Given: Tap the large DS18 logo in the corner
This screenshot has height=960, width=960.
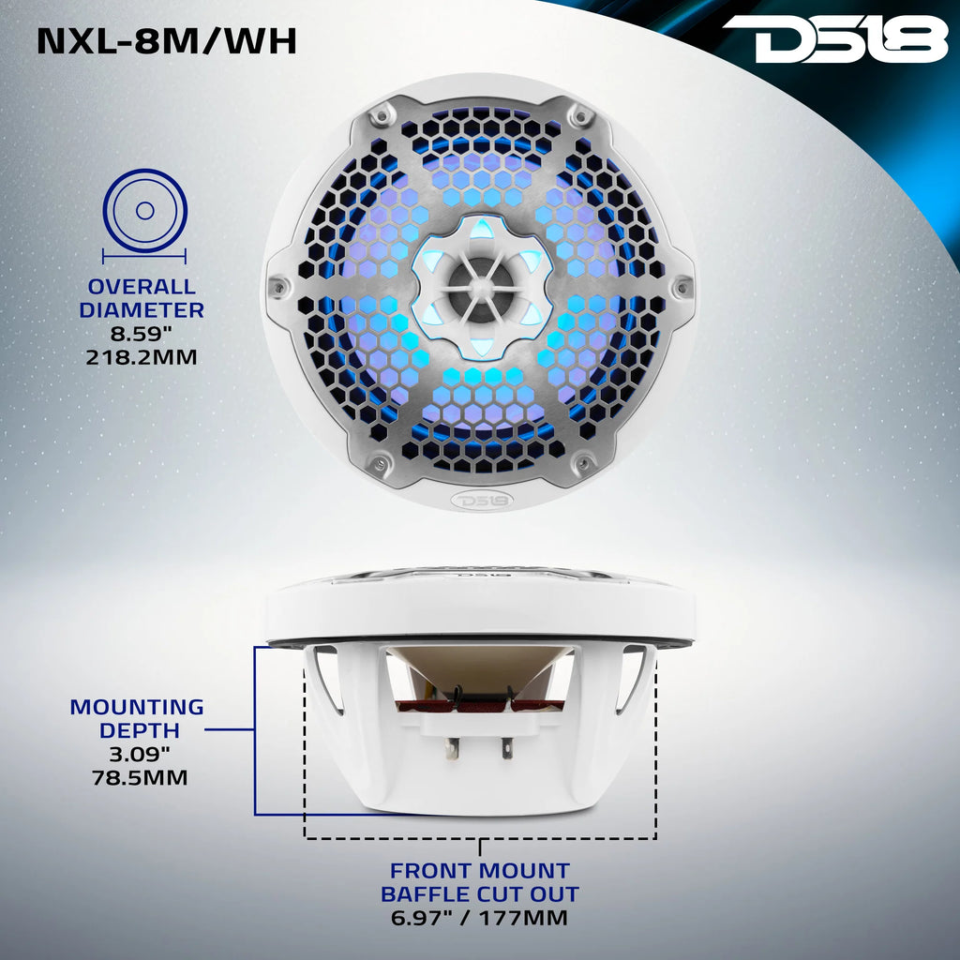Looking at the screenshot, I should [834, 39].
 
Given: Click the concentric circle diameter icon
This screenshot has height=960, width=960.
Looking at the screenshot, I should [144, 211].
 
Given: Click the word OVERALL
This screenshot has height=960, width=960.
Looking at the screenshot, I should [142, 287].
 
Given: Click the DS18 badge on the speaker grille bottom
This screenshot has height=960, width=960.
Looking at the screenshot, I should [480, 499].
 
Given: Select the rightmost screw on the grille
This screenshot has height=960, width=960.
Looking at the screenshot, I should [682, 287].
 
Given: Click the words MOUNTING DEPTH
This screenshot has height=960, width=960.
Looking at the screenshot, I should [138, 718].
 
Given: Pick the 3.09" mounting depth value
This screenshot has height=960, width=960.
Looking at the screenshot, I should [138, 754].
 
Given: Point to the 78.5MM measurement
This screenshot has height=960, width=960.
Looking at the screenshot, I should [138, 777].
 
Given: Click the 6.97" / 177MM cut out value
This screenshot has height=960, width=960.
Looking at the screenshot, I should [480, 918].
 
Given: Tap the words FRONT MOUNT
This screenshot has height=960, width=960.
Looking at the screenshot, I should [480, 871].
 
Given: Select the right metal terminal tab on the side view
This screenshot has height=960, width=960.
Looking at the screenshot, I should [507, 747].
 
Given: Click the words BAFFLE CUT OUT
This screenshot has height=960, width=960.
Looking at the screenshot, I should [480, 894].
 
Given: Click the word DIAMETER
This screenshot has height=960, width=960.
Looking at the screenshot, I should [142, 309].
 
